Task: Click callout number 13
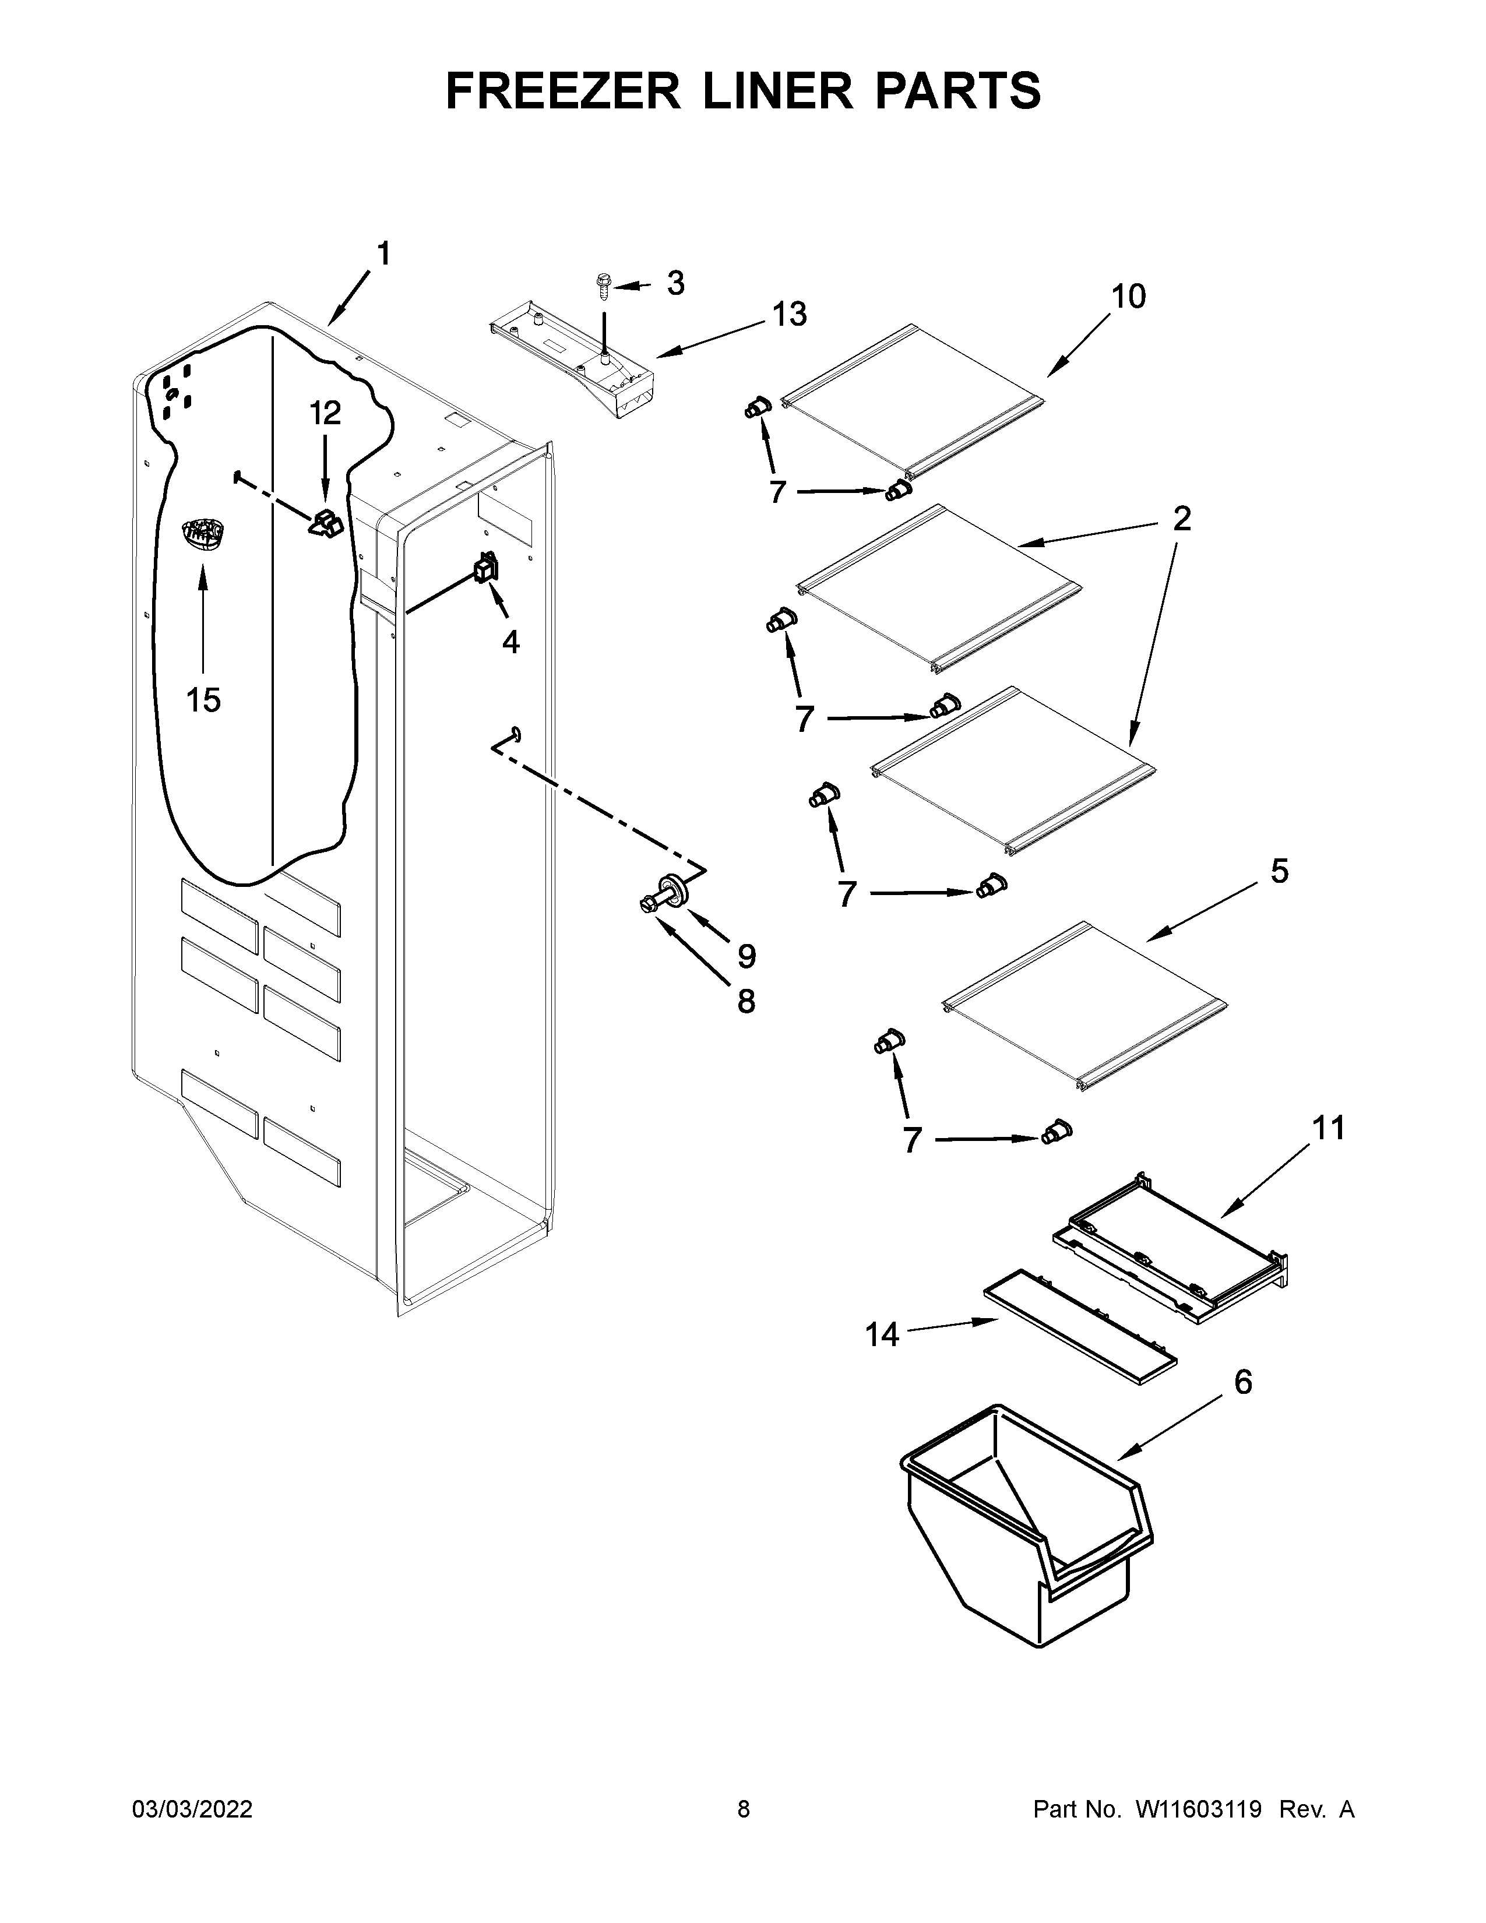pyautogui.click(x=789, y=314)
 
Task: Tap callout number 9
pyautogui.click(x=746, y=955)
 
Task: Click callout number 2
pyautogui.click(x=1181, y=519)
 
